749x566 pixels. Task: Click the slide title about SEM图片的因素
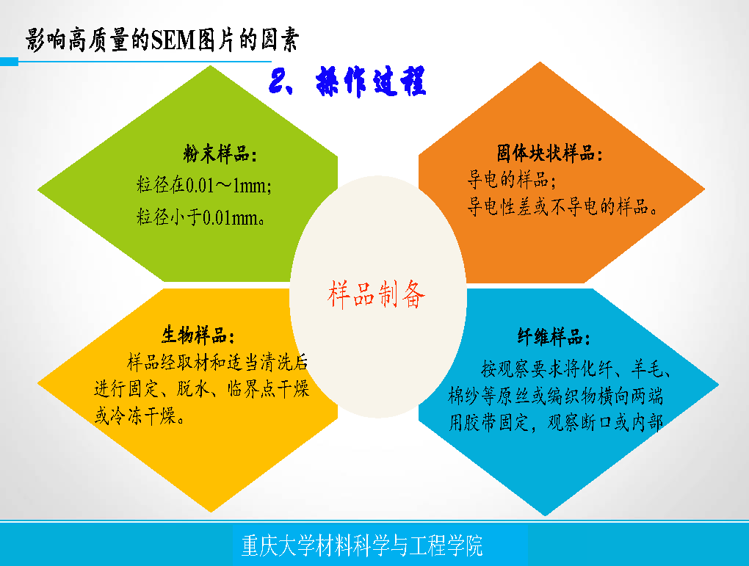[162, 39]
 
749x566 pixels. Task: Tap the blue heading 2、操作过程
[347, 81]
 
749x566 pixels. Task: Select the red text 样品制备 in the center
[377, 294]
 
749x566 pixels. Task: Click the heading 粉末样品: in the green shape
[220, 154]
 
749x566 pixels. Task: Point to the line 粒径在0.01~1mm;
[204, 185]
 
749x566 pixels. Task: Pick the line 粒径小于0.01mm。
[200, 217]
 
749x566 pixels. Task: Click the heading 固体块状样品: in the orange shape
[550, 153]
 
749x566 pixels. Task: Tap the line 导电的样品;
[512, 180]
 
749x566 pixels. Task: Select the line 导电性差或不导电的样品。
[562, 207]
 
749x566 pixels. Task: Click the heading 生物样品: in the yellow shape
[198, 335]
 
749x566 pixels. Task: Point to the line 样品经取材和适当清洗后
[217, 363]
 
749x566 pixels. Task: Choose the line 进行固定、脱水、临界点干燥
[202, 389]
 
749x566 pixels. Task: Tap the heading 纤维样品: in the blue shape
[554, 337]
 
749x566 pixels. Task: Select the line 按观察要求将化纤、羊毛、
[576, 369]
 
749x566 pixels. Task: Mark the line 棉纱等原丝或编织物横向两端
[556, 396]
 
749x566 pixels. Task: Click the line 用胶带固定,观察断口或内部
[556, 423]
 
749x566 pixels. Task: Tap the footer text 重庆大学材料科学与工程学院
[362, 545]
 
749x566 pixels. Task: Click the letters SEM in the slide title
[173, 40]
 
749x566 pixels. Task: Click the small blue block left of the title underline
[9, 62]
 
